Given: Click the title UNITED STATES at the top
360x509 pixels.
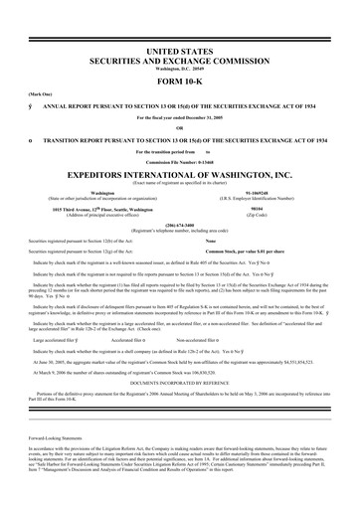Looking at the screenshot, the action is (x=179, y=49).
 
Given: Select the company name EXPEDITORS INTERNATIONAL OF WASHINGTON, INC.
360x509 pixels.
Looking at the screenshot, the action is (x=179, y=171).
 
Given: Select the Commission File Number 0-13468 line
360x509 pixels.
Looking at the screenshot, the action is (x=179, y=160).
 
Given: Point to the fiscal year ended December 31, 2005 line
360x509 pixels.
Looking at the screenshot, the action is (x=179, y=116).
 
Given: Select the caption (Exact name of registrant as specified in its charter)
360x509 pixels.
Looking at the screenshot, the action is (x=179, y=180).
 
